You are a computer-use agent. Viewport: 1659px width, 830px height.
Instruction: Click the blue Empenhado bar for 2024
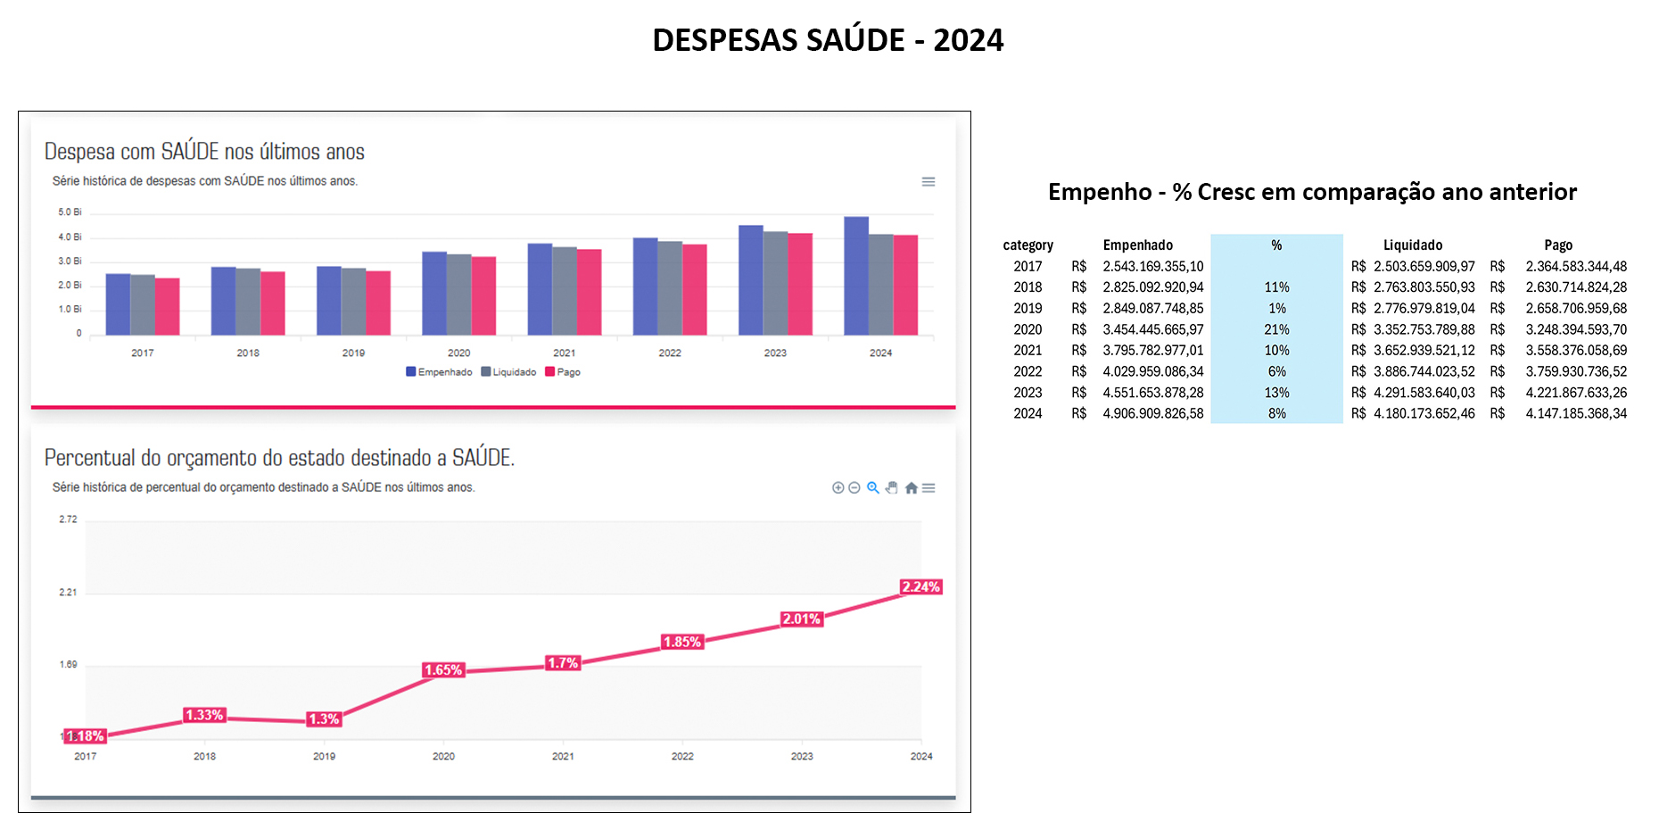coord(856,276)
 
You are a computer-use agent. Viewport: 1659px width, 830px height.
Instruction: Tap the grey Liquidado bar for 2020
coord(458,295)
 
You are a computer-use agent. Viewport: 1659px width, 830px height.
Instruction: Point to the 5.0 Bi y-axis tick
coord(70,212)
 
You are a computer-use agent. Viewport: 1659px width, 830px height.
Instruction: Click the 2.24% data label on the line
coord(920,587)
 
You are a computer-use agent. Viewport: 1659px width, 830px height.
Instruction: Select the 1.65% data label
coord(443,670)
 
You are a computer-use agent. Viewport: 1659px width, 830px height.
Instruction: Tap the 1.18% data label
coord(86,736)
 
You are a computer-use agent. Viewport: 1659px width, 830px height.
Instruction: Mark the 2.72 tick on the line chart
coord(68,519)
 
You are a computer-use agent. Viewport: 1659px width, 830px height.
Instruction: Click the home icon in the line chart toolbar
coord(911,488)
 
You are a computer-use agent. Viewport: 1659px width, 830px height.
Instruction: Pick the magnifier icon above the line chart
coord(873,488)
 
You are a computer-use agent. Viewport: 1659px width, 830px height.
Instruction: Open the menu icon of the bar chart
coord(929,182)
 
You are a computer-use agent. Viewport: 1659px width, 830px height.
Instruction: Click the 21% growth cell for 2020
coord(1276,329)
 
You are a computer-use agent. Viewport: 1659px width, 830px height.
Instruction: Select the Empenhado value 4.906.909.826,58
coord(1152,414)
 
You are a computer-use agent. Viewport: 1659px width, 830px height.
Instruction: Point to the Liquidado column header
coord(1412,245)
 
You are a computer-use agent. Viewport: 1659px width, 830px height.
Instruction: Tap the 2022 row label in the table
coord(1028,371)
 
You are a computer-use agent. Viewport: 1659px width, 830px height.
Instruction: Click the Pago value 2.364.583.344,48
coord(1576,266)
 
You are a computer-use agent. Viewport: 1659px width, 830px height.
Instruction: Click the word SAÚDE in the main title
coord(855,40)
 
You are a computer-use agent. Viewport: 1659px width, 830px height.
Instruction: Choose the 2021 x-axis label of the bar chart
coord(564,353)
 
